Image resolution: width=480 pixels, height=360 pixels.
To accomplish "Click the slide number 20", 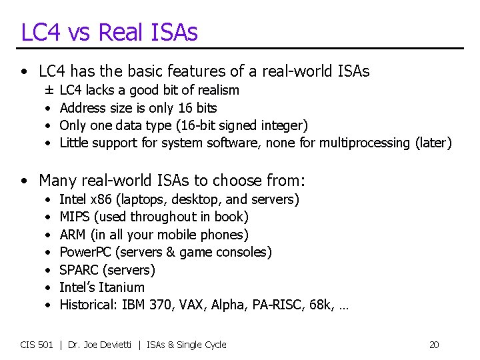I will (x=434, y=345).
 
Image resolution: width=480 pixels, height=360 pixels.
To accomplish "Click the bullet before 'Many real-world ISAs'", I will (x=25, y=181).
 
